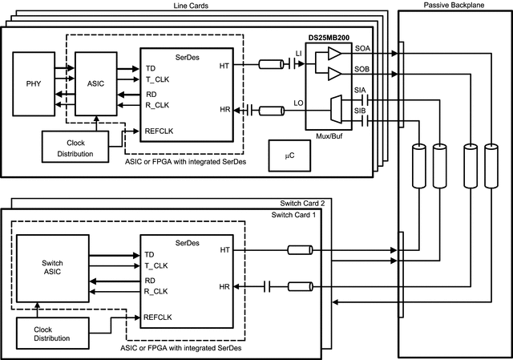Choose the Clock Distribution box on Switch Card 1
pyautogui.click(x=51, y=334)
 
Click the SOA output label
pyautogui.click(x=362, y=50)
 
